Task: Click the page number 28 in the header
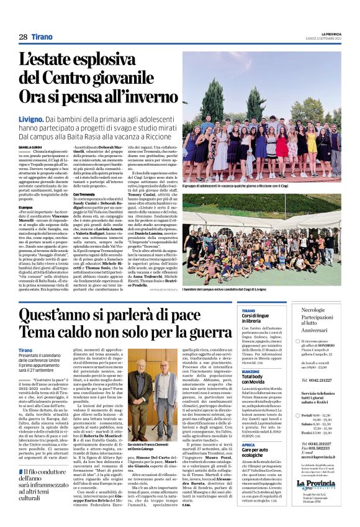click(22, 37)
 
